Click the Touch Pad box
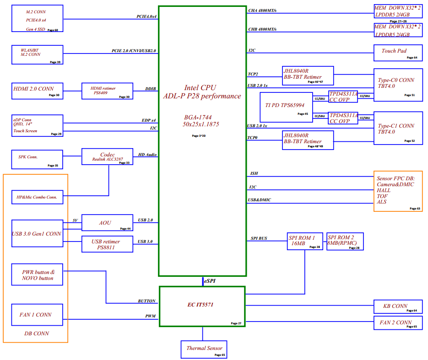point(398,53)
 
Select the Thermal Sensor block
point(204,349)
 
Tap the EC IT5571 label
point(200,305)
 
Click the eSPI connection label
point(210,281)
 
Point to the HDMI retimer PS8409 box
point(107,91)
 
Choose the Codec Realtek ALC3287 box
point(107,156)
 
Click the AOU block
point(107,223)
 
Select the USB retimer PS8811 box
point(107,244)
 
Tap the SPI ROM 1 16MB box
point(305,241)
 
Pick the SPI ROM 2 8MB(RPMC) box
point(345,242)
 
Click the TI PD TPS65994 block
point(287,107)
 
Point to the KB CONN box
point(398,306)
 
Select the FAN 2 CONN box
point(398,323)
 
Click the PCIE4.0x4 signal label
point(146,16)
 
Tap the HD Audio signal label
point(147,155)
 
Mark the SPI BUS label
point(259,238)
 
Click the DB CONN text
point(37,333)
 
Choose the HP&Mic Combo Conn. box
point(38,197)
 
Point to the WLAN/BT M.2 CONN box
point(38,55)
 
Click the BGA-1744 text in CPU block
point(198,117)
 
